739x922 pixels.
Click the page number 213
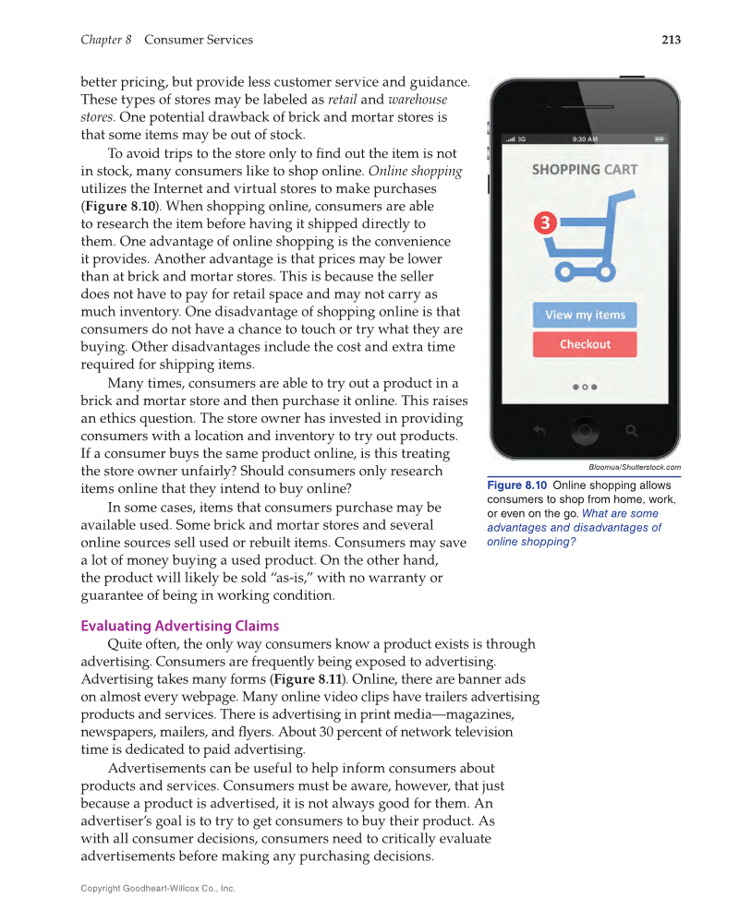point(671,40)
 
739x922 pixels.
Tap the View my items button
point(585,315)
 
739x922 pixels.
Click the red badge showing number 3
point(545,223)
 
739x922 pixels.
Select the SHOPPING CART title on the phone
point(584,170)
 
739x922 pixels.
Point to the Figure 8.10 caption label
point(517,485)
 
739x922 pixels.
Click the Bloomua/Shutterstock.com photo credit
point(634,467)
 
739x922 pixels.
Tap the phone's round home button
point(584,430)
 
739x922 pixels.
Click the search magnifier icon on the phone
point(632,430)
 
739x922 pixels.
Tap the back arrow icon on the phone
point(539,430)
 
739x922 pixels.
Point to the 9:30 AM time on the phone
point(585,139)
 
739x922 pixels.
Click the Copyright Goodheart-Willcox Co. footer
point(158,888)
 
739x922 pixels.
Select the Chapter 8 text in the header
point(106,40)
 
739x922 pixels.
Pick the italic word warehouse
point(418,100)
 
